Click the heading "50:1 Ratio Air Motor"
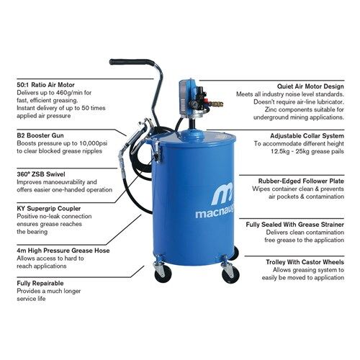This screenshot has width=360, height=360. (x=45, y=85)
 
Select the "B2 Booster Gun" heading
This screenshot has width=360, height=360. (x=40, y=135)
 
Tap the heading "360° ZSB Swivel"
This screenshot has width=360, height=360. (x=41, y=174)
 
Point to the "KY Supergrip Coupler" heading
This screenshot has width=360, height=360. (x=49, y=209)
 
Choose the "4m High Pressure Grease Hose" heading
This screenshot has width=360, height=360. (x=63, y=251)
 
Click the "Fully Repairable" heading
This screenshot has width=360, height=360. (x=40, y=283)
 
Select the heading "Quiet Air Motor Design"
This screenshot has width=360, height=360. (x=310, y=86)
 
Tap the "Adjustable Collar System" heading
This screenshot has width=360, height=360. (x=307, y=136)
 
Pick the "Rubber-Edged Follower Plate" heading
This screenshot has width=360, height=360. (x=301, y=181)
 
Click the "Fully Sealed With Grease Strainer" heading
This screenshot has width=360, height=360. (x=295, y=225)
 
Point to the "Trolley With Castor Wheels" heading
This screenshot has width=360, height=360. (x=305, y=262)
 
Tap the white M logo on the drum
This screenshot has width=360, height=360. (x=222, y=194)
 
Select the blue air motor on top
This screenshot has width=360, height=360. (x=188, y=99)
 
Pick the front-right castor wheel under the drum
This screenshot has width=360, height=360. (x=231, y=275)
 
